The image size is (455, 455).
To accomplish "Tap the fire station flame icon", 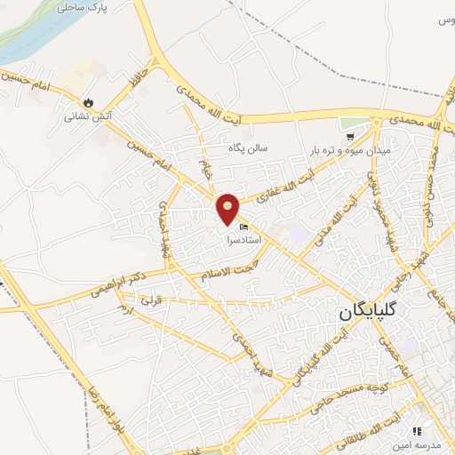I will (x=88, y=101).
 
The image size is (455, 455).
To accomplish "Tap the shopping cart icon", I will (x=351, y=137).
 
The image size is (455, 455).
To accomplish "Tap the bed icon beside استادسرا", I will (x=245, y=228).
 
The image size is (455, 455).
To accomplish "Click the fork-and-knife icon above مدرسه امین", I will (x=417, y=431).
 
